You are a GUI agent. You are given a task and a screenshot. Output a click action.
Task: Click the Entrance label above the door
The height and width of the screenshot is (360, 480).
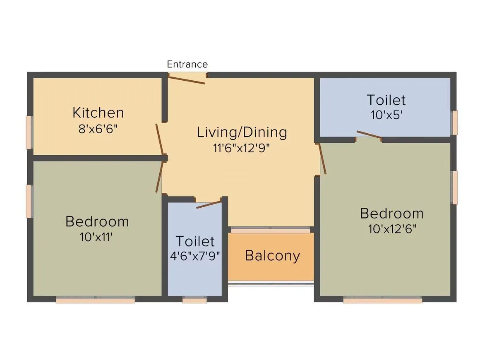coord(187,64)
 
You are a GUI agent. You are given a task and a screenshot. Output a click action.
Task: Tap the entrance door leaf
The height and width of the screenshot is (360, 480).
coord(187,79)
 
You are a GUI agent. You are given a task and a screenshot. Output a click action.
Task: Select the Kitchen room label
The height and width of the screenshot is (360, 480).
coord(98,113)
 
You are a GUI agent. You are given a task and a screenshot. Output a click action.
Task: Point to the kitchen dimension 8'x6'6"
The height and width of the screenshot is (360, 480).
coord(98,129)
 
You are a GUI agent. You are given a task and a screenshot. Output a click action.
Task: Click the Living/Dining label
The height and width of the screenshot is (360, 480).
coord(242,132)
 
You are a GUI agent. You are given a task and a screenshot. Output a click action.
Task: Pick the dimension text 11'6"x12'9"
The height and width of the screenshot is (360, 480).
coord(242,148)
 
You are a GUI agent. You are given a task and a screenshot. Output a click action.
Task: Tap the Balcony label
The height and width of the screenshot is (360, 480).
coord(272,255)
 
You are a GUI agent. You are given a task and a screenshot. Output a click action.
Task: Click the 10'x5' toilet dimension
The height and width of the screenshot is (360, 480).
coord(386,115)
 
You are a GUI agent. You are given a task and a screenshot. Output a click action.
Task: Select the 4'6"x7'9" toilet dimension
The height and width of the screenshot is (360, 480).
coord(194,255)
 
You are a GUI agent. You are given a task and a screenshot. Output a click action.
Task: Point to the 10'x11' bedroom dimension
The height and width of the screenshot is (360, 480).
coord(97,237)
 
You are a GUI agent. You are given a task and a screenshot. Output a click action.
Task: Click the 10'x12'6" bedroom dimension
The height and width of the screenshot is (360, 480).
coord(392,229)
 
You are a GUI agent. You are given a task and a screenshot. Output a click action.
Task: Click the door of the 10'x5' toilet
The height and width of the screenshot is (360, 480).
coord(369,135)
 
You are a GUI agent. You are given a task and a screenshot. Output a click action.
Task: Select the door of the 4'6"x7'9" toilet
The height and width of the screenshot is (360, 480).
coord(209,204)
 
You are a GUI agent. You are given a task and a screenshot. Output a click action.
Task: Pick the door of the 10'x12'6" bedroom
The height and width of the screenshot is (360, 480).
coord(323,158)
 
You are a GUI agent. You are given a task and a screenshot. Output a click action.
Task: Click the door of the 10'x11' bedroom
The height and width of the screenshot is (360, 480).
coord(159,177)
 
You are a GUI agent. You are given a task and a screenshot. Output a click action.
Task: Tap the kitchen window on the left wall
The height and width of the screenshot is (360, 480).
coord(29,132)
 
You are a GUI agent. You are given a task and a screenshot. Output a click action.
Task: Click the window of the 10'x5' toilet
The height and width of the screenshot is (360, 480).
coord(455,122)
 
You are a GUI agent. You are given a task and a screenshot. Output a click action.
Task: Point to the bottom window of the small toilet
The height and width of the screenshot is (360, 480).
coord(194,300)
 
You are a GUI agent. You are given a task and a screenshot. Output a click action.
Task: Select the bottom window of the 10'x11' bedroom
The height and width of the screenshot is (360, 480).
coord(95,300)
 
